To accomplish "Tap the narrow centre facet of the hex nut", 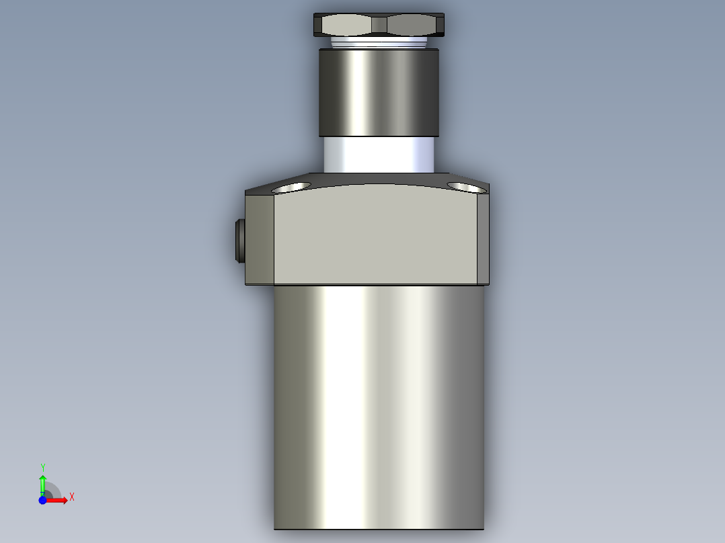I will [379, 26].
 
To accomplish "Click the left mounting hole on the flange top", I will [291, 186].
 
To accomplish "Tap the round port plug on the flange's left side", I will [240, 241].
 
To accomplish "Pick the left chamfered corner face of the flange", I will [260, 239].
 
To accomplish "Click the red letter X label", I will [72, 497].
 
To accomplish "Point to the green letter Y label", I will [42, 467].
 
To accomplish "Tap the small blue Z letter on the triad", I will [43, 495].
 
